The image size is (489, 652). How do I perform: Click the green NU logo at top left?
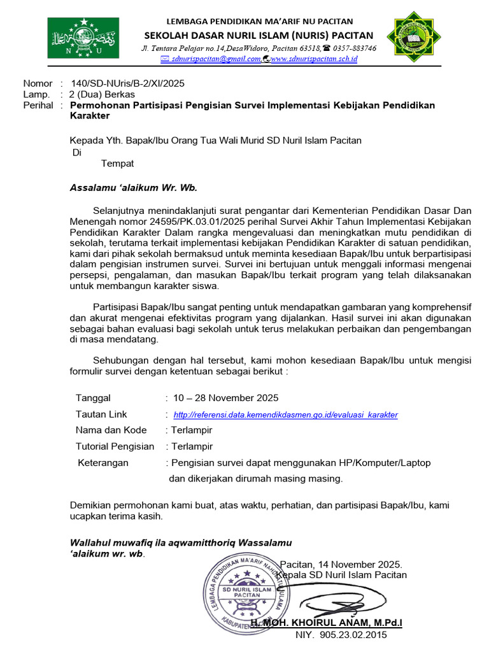coord(81,38)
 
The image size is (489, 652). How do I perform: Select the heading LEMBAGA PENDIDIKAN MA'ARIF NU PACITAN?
coord(259,22)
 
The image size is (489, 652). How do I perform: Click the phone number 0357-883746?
coord(353,48)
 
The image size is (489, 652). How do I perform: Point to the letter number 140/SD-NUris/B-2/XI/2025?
coord(128,83)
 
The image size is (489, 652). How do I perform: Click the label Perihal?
coord(38,105)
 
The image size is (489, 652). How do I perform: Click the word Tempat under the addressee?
coord(117,164)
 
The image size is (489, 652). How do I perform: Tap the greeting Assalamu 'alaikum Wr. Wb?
coord(134,187)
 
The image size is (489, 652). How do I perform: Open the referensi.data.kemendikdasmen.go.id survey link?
coord(285,415)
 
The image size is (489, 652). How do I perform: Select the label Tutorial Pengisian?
coord(115,446)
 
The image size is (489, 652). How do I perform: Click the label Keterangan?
coord(103,462)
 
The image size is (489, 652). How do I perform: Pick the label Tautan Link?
coord(101,414)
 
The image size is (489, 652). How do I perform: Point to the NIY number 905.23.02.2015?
coord(341,635)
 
